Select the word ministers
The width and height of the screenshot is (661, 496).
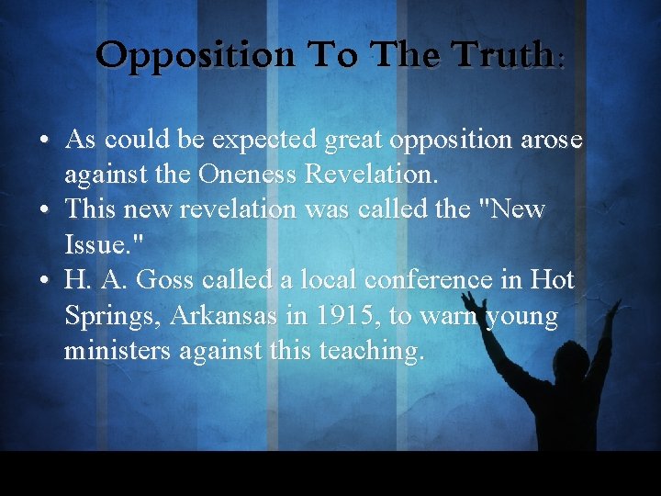110,352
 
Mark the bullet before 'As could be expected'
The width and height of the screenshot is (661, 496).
44,141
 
